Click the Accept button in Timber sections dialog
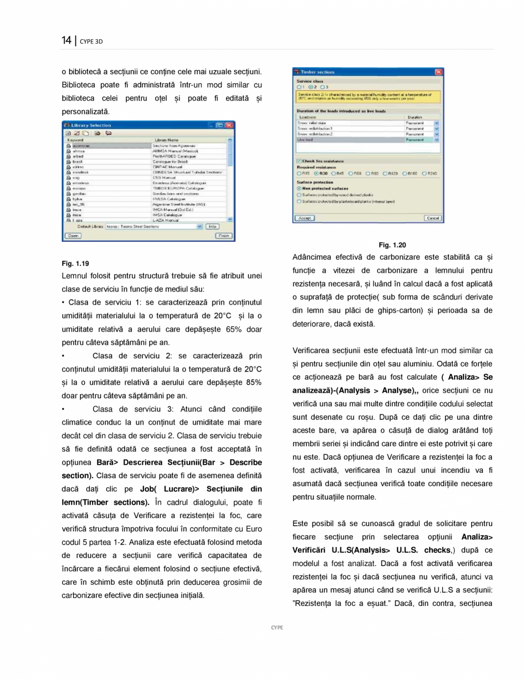(304, 218)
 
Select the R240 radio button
(426, 173)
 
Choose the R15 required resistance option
(298, 173)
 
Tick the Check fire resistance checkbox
(298, 161)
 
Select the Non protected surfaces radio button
(298, 188)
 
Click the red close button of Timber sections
(438, 72)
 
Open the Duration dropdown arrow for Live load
(436, 139)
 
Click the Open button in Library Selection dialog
(73, 235)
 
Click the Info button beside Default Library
(212, 227)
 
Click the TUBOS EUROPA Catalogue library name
(174, 188)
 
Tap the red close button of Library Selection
(229, 125)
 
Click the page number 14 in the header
(66, 41)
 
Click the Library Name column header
(166, 140)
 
